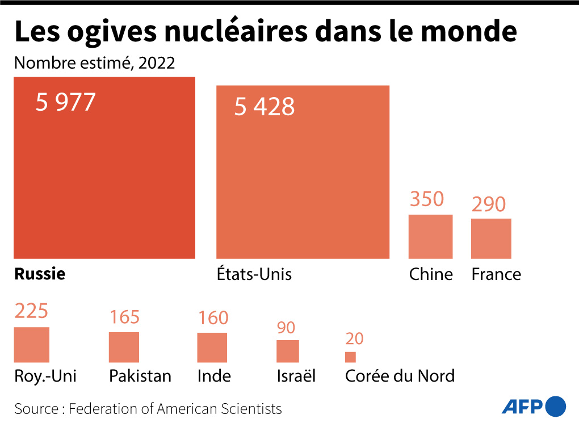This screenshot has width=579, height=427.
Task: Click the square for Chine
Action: (431, 236)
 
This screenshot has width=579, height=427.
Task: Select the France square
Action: (491, 238)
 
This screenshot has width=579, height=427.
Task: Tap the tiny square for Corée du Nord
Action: (350, 357)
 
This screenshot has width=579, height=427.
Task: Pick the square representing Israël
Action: (288, 351)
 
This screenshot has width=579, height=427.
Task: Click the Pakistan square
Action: (124, 347)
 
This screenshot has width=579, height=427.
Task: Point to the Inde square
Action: (212, 348)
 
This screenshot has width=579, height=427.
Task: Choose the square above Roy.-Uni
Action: (32, 345)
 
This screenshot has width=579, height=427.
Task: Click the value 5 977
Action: (65, 103)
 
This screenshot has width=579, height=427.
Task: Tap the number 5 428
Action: (265, 107)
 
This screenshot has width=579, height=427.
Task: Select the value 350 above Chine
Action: (426, 199)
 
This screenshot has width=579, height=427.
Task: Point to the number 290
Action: (488, 204)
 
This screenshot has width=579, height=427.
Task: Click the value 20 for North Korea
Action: (354, 339)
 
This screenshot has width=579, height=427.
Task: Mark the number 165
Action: (124, 317)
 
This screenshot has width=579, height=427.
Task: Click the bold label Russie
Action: (40, 274)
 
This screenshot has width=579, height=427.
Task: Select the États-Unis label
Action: (254, 274)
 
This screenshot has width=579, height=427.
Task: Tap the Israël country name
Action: (296, 376)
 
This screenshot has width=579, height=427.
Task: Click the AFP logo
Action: (534, 407)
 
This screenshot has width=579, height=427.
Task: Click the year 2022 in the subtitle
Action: (156, 63)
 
